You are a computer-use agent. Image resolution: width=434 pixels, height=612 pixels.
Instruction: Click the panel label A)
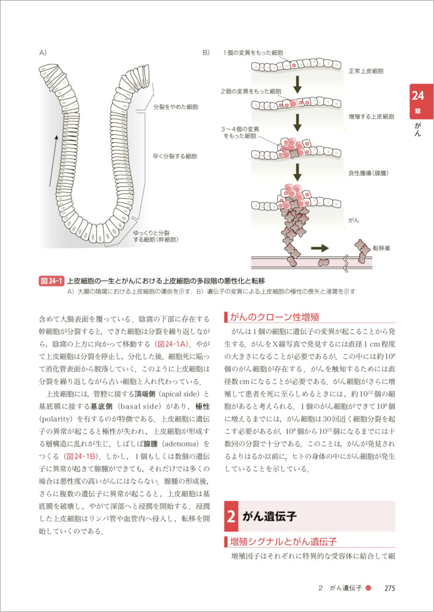43,53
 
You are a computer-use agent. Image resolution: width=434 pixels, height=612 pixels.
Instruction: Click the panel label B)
206,53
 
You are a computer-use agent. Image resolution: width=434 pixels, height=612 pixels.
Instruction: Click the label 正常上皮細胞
366,71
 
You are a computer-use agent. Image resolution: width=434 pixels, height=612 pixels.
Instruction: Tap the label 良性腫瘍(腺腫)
368,174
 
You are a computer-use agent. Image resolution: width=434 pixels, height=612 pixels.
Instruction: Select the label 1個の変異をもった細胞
253,53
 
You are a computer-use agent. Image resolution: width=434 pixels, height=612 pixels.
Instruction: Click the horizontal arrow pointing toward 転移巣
320,248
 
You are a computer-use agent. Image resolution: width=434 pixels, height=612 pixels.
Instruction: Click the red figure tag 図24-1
51,281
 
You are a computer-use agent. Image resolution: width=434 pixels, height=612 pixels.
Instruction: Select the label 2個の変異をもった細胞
251,91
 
